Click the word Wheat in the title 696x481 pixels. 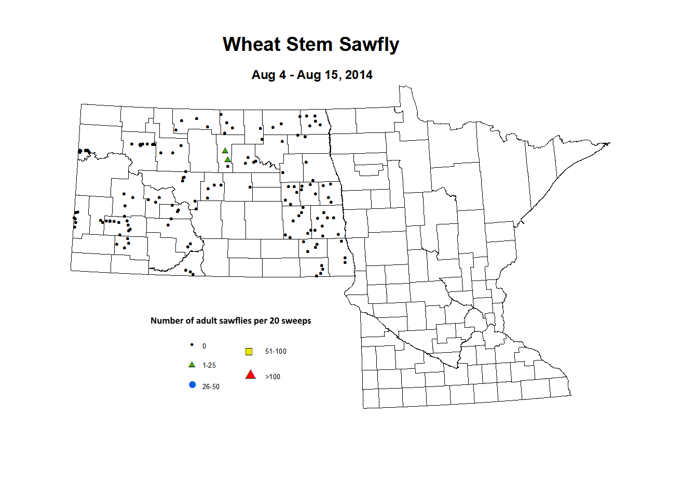(251, 44)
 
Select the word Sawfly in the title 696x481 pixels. (369, 45)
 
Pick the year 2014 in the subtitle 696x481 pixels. (359, 75)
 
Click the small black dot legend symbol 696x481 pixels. (192, 345)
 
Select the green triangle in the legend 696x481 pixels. (192, 365)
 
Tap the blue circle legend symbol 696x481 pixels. (193, 385)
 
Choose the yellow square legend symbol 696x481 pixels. (249, 352)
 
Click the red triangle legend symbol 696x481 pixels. (251, 375)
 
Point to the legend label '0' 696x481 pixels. (204, 346)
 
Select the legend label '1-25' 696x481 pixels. (209, 366)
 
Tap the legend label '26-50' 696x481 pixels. (211, 387)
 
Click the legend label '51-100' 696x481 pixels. (276, 352)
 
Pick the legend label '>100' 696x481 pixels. (272, 377)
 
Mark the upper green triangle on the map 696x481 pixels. (225, 151)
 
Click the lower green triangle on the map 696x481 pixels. (227, 159)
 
